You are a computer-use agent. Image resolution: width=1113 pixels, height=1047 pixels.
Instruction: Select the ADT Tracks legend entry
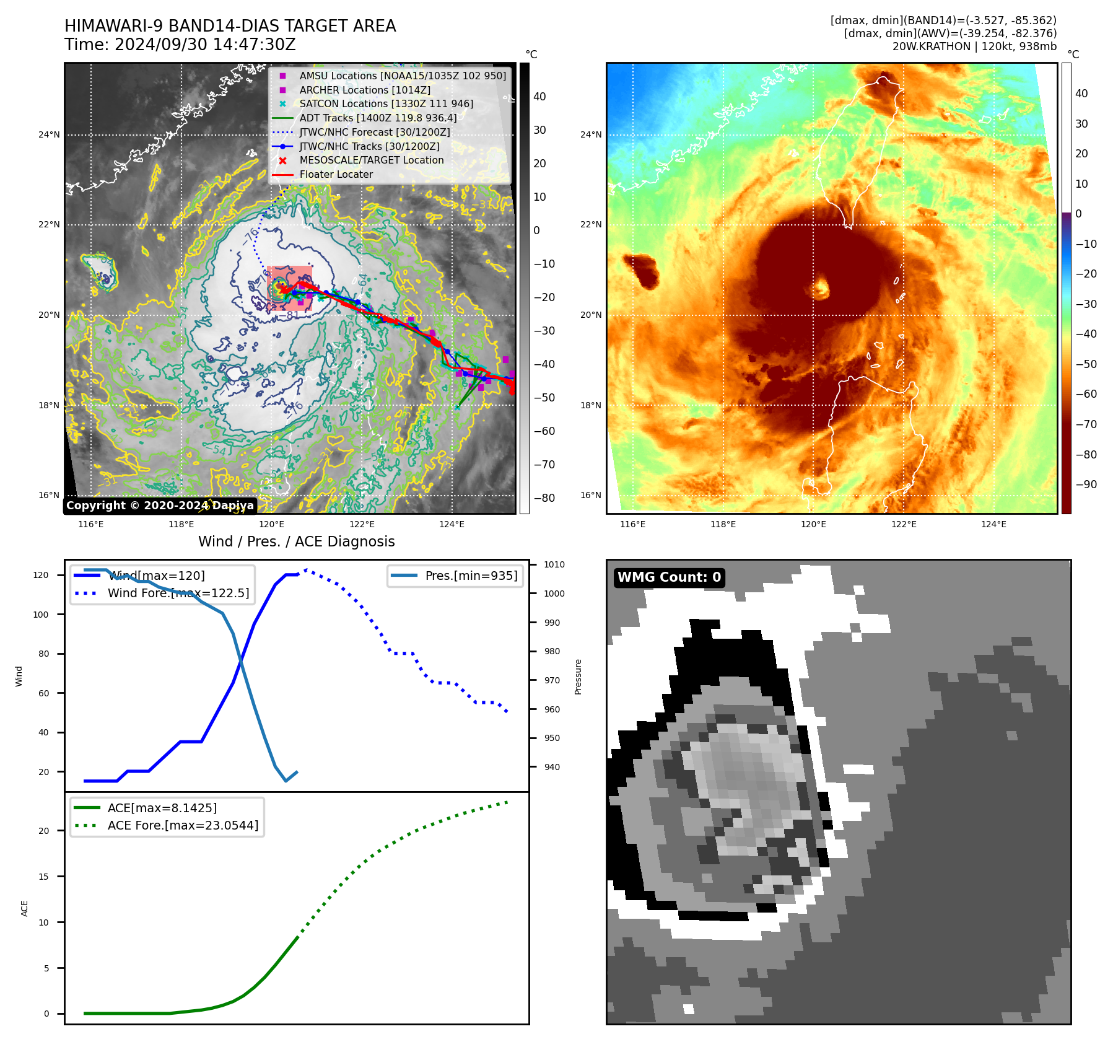378,118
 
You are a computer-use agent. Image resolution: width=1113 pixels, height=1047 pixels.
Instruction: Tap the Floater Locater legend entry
336,175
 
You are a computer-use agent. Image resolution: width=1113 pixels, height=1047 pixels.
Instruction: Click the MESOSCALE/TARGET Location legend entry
372,160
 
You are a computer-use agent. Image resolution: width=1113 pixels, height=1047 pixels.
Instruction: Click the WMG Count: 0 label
669,577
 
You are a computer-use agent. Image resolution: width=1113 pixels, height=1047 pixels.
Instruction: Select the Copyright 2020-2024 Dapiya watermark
160,506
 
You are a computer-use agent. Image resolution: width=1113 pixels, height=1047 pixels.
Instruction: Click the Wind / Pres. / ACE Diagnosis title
296,541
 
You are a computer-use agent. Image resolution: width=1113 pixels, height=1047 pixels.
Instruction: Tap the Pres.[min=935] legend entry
471,576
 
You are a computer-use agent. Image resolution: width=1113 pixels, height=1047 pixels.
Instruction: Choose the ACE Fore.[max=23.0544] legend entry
183,825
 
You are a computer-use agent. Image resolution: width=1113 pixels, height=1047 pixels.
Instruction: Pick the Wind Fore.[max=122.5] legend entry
178,593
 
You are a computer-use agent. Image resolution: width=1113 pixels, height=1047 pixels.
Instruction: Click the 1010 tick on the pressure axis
554,564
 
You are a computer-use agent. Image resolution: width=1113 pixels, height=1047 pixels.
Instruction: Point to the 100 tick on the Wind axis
40,615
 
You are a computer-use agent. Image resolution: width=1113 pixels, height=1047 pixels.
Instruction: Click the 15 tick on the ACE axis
43,877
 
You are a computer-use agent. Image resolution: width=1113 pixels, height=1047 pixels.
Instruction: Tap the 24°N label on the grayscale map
49,135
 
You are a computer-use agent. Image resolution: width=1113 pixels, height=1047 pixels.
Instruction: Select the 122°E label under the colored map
904,525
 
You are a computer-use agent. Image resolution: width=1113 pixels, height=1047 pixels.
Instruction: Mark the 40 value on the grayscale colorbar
539,97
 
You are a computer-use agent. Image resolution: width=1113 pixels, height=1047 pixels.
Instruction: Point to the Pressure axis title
578,677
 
